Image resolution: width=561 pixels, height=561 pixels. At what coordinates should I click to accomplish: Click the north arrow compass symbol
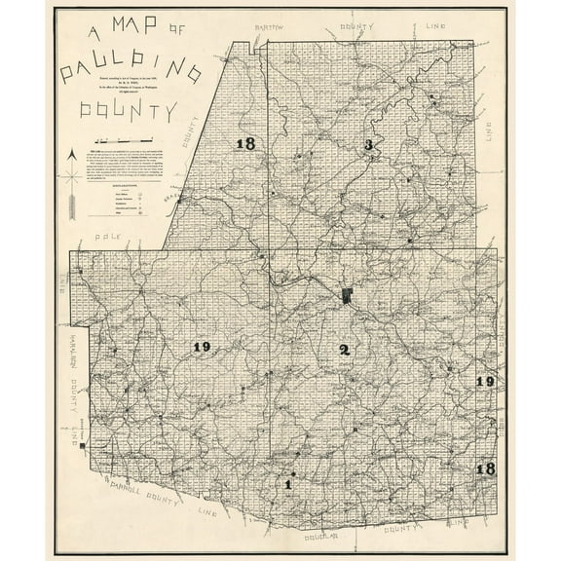[x=72, y=184]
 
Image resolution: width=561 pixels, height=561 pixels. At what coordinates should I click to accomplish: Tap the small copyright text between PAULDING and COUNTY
[x=131, y=90]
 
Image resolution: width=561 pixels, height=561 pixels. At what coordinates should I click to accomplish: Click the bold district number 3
[x=368, y=145]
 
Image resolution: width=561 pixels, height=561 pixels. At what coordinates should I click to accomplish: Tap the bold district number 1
[x=288, y=483]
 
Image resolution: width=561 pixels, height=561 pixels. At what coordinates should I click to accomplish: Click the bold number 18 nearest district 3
[x=245, y=144]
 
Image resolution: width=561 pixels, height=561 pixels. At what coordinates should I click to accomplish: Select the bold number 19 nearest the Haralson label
[x=202, y=347]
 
